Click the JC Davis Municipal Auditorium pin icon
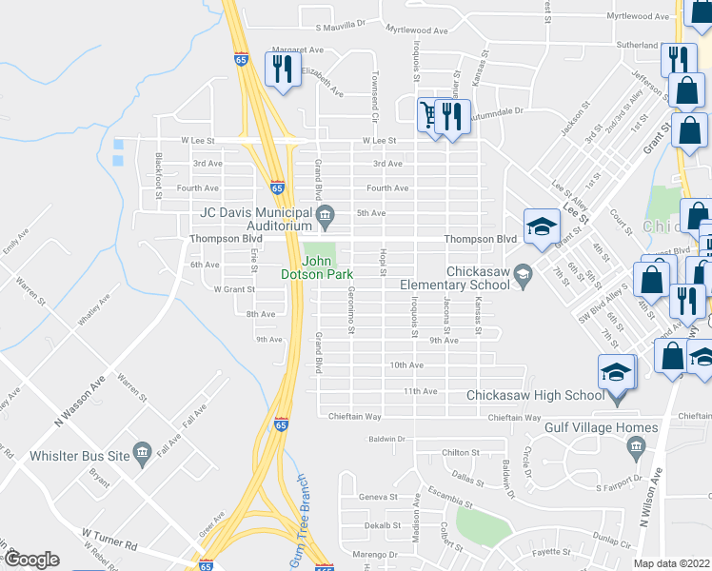click(325, 212)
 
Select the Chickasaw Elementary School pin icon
click(522, 276)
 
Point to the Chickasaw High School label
click(535, 396)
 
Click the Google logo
click(32, 560)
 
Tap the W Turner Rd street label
click(109, 540)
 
